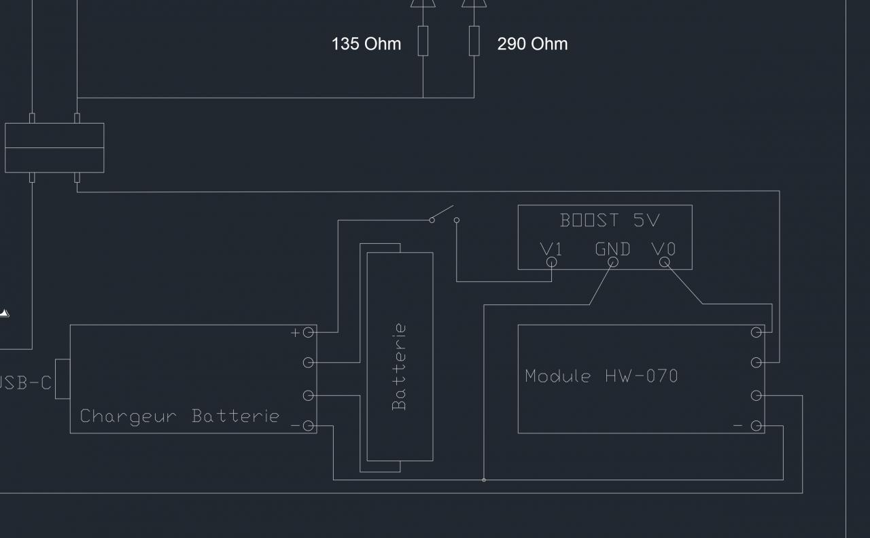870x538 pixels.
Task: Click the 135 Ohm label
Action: coord(366,44)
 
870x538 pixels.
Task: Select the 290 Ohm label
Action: coord(532,44)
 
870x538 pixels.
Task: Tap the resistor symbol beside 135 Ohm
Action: coord(423,41)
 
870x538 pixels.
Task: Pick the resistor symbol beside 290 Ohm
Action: coord(474,41)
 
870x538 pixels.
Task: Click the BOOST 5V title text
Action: coord(610,220)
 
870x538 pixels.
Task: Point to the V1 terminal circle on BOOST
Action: coord(551,262)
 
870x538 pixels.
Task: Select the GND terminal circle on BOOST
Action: coord(612,262)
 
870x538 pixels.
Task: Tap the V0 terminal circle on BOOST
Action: coord(665,262)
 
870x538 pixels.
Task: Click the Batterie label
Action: coord(400,367)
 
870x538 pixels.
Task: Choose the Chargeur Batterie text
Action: coord(179,416)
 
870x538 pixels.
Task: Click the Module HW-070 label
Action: coord(601,376)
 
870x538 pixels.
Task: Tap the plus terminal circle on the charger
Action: coord(309,332)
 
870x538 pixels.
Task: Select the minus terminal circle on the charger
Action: coord(309,426)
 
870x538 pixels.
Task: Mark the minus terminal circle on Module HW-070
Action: coord(756,426)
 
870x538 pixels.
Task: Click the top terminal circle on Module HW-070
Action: coord(756,332)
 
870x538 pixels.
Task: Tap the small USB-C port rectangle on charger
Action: coord(63,378)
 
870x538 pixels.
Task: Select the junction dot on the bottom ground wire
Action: coord(484,480)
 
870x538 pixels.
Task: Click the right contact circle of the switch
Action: coord(457,220)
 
